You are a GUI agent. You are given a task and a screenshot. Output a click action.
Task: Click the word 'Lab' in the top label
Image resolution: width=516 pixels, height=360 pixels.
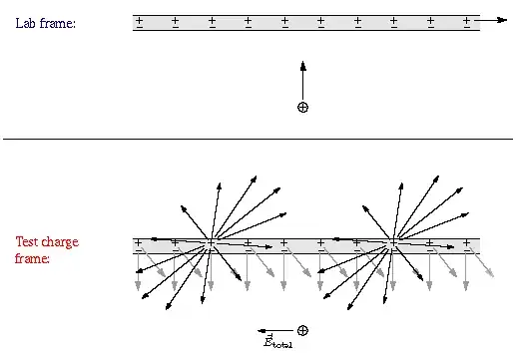pyautogui.click(x=25, y=23)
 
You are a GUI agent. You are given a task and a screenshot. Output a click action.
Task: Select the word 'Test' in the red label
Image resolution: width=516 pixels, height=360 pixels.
pyautogui.click(x=28, y=241)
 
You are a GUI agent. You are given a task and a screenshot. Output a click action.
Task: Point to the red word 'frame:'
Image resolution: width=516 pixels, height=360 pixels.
pyautogui.click(x=32, y=258)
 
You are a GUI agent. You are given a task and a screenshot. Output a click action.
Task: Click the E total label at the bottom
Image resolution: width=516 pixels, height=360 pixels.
pyautogui.click(x=277, y=341)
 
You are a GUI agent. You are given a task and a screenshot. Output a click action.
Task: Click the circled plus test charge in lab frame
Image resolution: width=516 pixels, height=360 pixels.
pyautogui.click(x=302, y=108)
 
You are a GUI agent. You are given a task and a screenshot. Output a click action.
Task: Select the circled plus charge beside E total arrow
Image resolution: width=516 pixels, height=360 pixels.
pyautogui.click(x=302, y=331)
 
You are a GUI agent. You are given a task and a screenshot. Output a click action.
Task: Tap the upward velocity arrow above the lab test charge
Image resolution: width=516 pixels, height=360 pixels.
pyautogui.click(x=302, y=81)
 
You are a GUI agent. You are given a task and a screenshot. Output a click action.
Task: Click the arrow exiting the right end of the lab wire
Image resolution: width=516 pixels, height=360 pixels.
pyautogui.click(x=490, y=20)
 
